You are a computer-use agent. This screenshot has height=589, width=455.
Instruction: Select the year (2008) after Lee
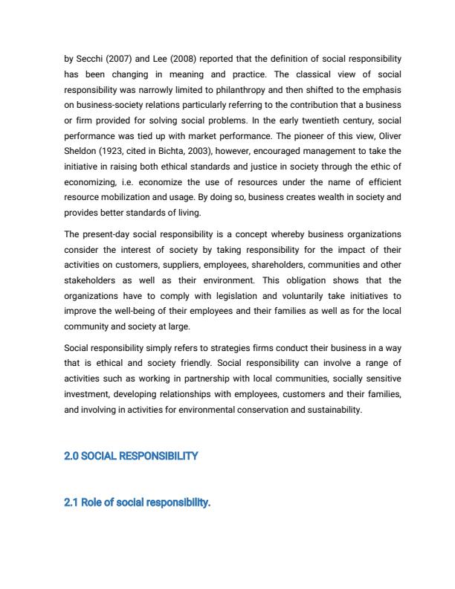[x=172, y=59]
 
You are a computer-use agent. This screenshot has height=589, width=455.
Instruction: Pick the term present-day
[x=106, y=234]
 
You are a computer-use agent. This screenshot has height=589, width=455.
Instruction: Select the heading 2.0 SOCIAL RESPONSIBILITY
[x=132, y=456]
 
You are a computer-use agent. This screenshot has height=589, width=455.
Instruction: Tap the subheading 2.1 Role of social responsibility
[x=138, y=503]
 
